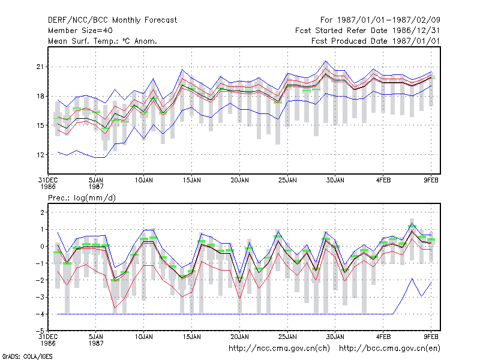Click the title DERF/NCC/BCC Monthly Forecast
tap(112, 20)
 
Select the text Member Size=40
tap(80, 31)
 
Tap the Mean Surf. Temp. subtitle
tap(102, 41)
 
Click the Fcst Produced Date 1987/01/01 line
tap(376, 41)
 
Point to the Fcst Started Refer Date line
tap(367, 31)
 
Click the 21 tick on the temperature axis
tap(40, 67)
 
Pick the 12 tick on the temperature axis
tap(40, 155)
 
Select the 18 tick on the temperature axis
tap(40, 96)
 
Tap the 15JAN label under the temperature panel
tap(192, 181)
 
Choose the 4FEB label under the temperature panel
tap(383, 181)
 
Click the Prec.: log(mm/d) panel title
tap(82, 198)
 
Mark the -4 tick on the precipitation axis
tap(40, 314)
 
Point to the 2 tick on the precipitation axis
tap(42, 212)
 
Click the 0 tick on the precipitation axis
tap(42, 246)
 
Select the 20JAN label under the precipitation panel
tap(239, 337)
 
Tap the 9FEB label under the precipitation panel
tap(431, 337)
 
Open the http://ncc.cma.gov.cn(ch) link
tap(279, 349)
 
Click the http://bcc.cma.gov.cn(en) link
tap(389, 349)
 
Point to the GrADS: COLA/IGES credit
tap(27, 356)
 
